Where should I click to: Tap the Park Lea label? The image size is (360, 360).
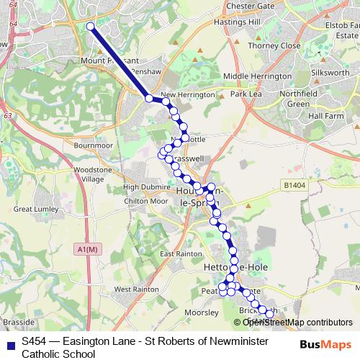(x=246, y=94)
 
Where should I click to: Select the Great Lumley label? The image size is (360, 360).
(x=34, y=209)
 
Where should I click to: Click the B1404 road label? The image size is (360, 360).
(x=294, y=185)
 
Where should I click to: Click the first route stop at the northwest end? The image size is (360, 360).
(x=91, y=27)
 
